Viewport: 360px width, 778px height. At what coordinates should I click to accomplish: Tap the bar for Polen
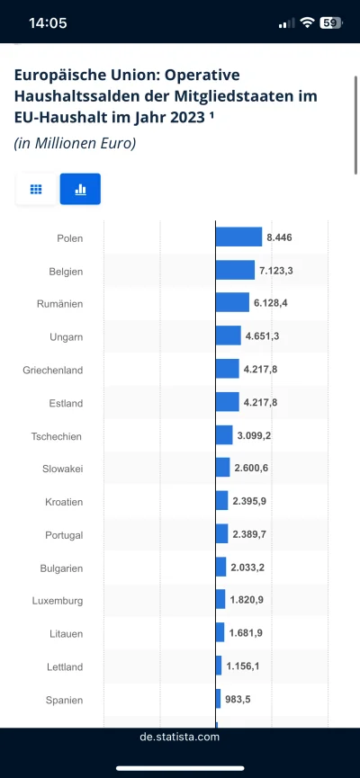238,237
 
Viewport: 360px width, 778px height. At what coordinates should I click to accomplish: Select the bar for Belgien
235,271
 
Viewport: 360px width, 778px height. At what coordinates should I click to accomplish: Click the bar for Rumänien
232,303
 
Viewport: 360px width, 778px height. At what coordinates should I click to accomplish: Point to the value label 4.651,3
262,336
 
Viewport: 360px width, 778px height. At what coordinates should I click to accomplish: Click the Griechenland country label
52,370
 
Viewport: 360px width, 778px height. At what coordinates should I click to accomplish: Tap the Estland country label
66,403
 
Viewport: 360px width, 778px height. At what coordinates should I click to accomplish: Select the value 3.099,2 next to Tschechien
255,435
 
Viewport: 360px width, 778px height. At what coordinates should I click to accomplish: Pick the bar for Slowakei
222,469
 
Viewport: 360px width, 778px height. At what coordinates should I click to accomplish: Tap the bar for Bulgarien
220,568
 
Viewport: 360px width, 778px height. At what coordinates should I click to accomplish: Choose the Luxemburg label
58,601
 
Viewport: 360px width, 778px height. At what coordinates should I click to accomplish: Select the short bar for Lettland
219,666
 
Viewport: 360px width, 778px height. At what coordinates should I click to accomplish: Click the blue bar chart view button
80,189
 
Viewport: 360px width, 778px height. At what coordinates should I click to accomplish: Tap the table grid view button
37,189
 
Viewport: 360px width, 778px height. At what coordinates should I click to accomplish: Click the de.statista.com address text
180,737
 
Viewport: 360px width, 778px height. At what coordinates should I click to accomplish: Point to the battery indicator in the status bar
330,23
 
